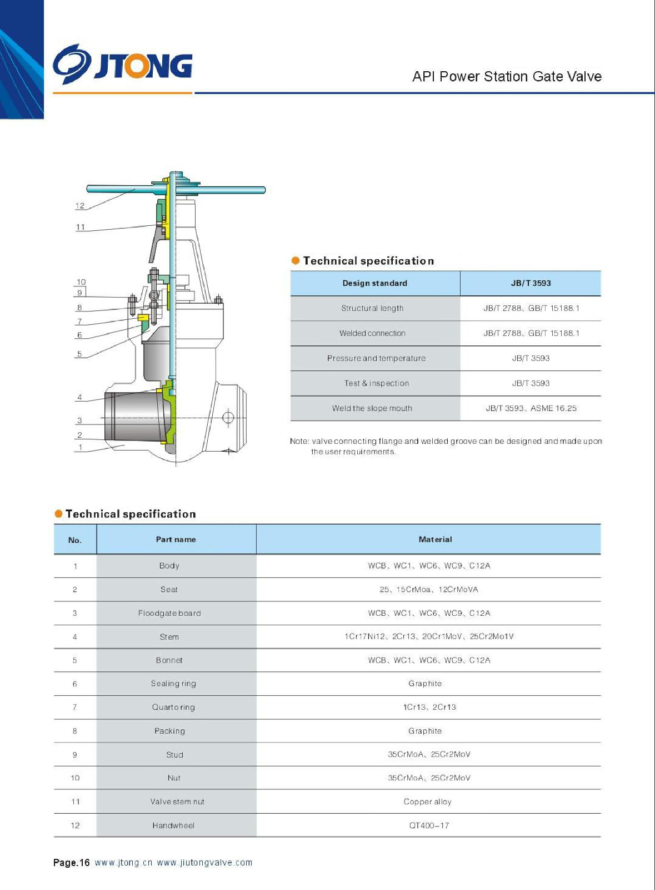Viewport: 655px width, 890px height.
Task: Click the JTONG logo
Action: click(123, 65)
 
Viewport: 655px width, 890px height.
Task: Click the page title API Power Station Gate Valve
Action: click(507, 77)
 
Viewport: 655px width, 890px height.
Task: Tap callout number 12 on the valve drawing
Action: click(80, 206)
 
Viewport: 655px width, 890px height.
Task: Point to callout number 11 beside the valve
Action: click(81, 227)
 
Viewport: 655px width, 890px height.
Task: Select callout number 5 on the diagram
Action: click(79, 354)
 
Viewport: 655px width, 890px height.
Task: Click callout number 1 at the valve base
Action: click(81, 447)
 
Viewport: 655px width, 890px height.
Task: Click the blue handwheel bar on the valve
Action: click(222, 190)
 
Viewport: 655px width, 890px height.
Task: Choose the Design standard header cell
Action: click(374, 283)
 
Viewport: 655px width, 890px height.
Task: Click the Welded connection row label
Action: click(372, 333)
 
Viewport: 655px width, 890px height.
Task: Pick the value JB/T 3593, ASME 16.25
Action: click(531, 408)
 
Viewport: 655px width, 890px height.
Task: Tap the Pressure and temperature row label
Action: click(376, 358)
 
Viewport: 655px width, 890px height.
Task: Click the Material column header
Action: click(435, 540)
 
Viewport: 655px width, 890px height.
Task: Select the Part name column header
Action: click(176, 540)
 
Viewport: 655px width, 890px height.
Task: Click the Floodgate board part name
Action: click(169, 613)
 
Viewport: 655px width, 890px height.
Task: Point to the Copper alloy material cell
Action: click(427, 802)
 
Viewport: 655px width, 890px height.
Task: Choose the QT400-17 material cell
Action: click(429, 825)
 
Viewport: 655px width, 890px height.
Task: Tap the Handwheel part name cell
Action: click(173, 825)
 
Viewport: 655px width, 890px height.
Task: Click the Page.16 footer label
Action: click(71, 863)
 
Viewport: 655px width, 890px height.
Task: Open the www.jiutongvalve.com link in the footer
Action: click(204, 863)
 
